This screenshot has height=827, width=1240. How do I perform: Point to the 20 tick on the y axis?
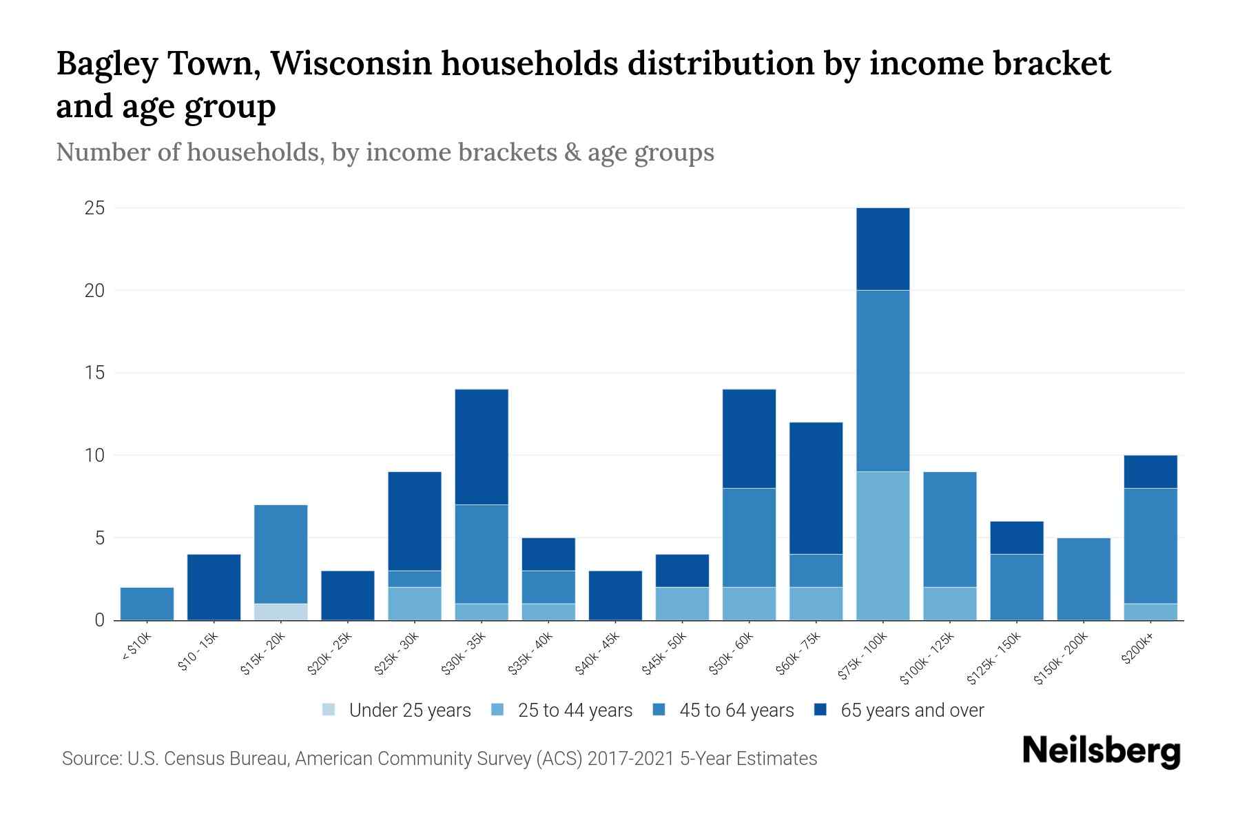point(94,291)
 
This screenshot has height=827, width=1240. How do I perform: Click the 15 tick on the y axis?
point(94,373)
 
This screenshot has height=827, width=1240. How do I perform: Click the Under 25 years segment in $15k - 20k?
point(281,612)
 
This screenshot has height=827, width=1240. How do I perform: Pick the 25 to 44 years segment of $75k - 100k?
point(882,546)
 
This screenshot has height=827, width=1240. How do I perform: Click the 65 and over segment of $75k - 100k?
point(882,249)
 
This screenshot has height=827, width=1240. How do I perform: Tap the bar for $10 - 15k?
point(214,587)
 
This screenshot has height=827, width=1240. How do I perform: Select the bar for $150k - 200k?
point(1083,579)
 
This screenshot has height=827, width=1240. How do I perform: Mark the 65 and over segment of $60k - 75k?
point(816,488)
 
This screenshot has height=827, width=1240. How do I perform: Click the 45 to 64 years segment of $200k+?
point(1150,546)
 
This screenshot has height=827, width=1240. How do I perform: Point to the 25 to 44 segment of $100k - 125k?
point(949,604)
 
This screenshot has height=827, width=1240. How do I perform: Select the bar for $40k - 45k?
point(615,595)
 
